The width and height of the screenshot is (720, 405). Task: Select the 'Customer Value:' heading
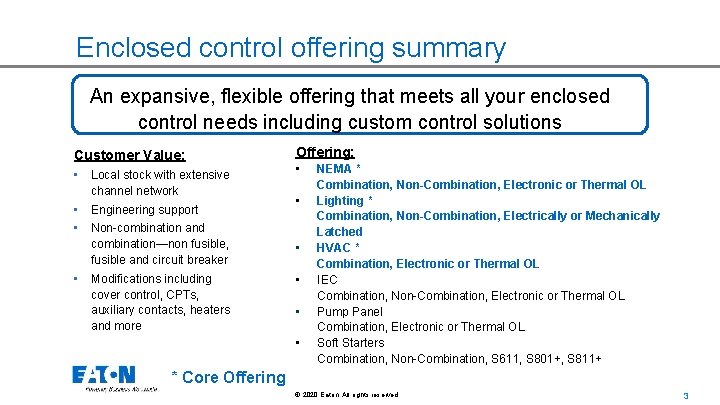coord(129,155)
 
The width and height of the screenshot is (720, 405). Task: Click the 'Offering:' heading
coord(324,152)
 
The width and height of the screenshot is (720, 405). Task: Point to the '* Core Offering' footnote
coord(228,377)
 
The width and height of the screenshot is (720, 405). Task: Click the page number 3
coord(685,395)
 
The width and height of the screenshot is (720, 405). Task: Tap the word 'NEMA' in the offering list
coord(334,169)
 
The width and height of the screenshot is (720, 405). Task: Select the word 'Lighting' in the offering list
coord(339,200)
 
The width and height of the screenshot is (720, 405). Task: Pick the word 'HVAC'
coord(334,248)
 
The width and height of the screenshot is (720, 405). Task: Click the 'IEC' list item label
coord(327,280)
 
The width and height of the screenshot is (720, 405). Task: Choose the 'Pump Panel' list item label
coord(350,311)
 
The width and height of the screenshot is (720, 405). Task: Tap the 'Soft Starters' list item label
coord(350,343)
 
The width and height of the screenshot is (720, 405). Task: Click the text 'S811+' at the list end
coord(584,358)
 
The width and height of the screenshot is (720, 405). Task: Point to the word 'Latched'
coord(339,232)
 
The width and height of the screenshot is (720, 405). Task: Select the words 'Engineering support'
coord(144,210)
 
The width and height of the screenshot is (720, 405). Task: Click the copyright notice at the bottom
coord(346,395)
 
